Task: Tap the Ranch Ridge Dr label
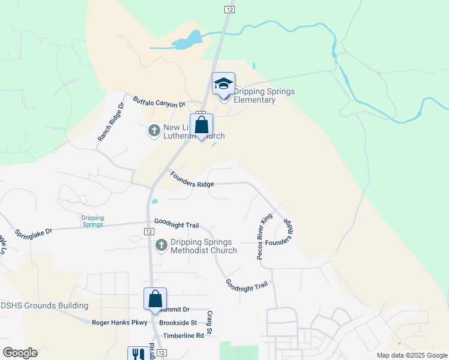pos(110,122)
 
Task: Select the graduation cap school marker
pos(223,84)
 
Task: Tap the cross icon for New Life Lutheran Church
pos(154,130)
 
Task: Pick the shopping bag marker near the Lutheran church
pos(202,126)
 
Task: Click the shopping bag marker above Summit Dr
pos(155,299)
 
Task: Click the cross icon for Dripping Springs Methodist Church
pos(161,245)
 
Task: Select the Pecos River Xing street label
pos(264,236)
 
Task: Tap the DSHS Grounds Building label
pos(44,305)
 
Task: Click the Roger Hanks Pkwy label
pos(119,322)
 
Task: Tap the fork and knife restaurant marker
pos(139,354)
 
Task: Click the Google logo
pos(20,353)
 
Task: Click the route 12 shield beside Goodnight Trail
pos(148,231)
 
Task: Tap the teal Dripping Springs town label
pos(93,221)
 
